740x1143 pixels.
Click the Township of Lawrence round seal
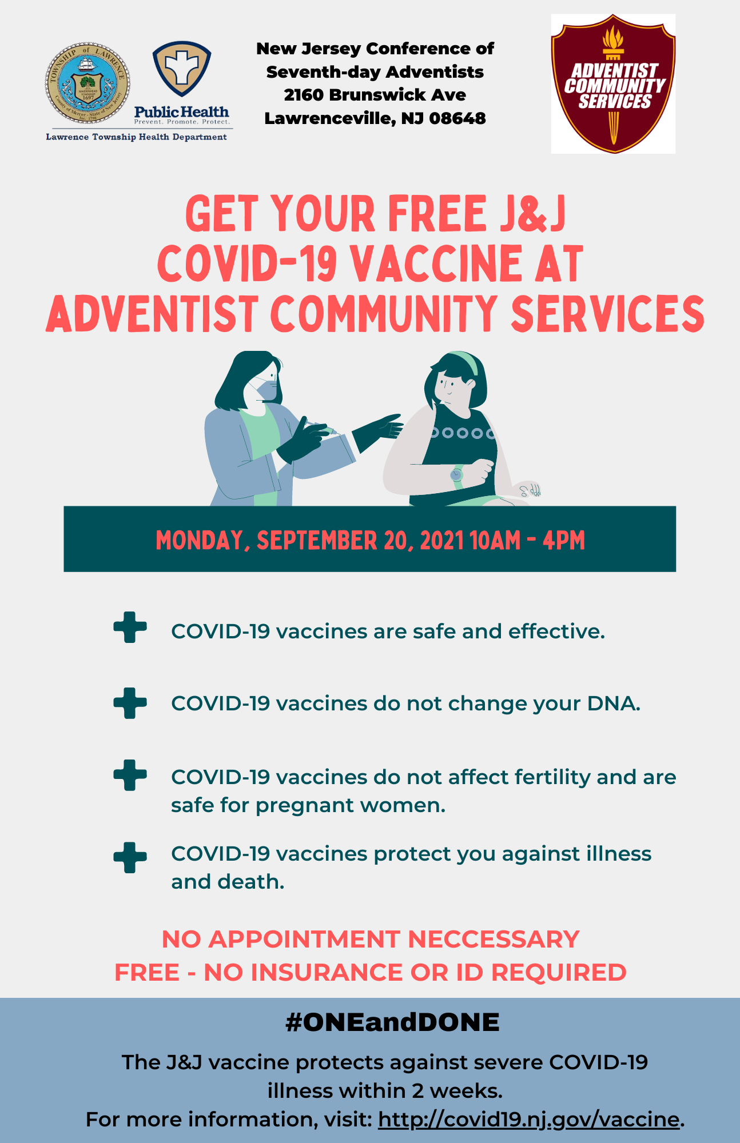pyautogui.click(x=87, y=83)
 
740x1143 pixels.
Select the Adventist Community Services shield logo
pyautogui.click(x=613, y=83)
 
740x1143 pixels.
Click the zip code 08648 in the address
pyautogui.click(x=457, y=118)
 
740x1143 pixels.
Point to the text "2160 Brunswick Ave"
pyautogui.click(x=375, y=95)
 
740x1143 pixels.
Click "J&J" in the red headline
pyautogui.click(x=532, y=213)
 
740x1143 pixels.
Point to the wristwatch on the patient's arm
pyautogui.click(x=457, y=475)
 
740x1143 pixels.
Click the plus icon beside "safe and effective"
pyautogui.click(x=130, y=628)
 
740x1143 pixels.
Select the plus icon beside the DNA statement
pyautogui.click(x=130, y=703)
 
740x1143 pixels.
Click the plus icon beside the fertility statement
pyautogui.click(x=130, y=775)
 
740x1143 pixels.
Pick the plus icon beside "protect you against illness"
pyautogui.click(x=130, y=857)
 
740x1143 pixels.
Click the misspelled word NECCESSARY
pyautogui.click(x=494, y=940)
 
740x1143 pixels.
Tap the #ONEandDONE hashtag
pyautogui.click(x=392, y=1022)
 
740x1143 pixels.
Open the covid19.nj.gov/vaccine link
pyautogui.click(x=529, y=1120)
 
